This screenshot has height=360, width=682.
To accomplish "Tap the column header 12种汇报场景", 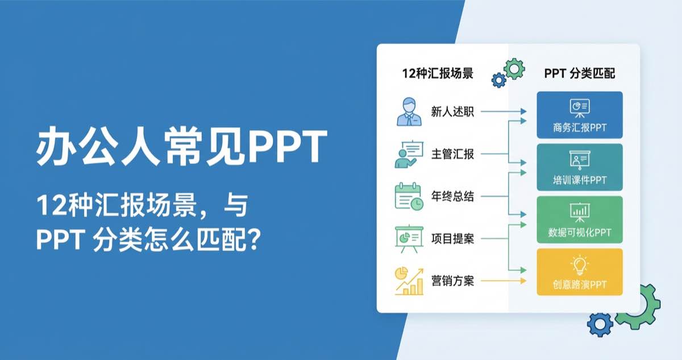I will (438, 74).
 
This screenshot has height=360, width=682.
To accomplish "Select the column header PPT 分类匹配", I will (579, 74).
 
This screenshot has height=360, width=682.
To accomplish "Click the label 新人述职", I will (452, 112).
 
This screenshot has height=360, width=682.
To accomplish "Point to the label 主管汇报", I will (452, 154).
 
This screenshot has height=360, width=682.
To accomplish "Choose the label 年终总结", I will (452, 197).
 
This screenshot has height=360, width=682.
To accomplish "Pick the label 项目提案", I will (452, 239).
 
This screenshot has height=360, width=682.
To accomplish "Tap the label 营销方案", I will (452, 281).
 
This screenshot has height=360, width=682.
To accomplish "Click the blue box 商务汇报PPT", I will (579, 115).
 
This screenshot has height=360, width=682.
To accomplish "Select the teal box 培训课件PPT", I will (579, 167).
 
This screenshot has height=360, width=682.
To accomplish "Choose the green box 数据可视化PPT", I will (579, 220).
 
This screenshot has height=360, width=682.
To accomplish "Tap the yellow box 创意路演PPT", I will (579, 272).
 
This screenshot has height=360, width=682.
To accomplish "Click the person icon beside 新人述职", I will (409, 112).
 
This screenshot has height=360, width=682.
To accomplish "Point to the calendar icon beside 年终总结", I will (409, 197).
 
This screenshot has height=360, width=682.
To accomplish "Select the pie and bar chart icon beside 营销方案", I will (409, 281).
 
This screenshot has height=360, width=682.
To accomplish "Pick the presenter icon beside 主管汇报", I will (409, 154).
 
